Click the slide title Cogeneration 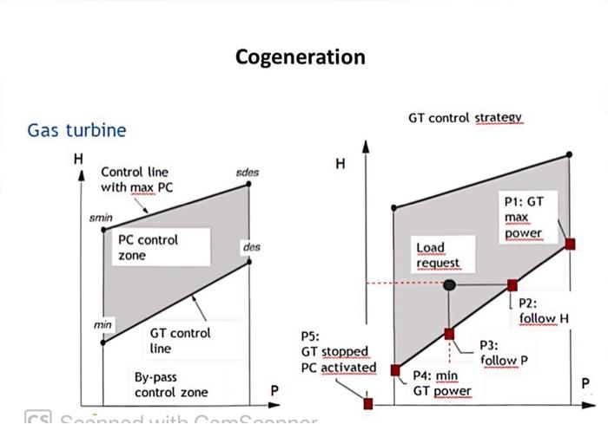click(301, 57)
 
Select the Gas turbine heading click(76, 130)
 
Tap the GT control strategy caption click(465, 117)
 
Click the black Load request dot click(449, 284)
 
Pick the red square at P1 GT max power click(570, 244)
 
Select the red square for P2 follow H click(512, 284)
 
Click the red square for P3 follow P click(449, 333)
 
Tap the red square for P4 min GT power click(395, 370)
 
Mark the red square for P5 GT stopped click(368, 403)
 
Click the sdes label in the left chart click(248, 173)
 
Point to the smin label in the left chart click(102, 219)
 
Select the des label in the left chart click(252, 247)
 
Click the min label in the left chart click(103, 324)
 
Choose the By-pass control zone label click(171, 385)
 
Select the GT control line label click(180, 340)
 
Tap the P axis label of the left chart click(274, 391)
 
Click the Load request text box click(438, 255)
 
